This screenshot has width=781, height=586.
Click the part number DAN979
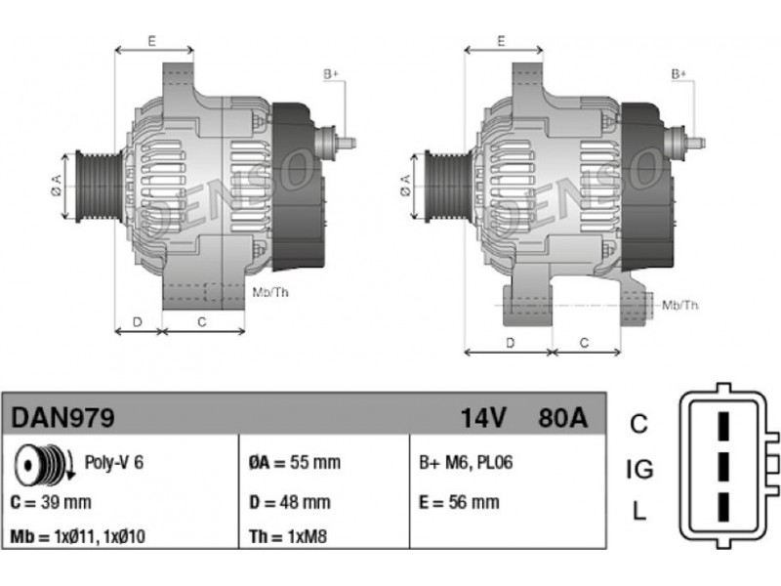62,418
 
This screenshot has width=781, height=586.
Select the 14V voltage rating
483,418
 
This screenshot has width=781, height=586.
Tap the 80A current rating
563,418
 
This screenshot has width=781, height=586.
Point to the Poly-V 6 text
113,462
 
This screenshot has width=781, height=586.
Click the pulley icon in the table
44,465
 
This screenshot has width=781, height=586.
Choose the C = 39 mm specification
51,502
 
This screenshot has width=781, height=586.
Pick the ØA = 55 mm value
295,462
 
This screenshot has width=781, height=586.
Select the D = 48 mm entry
289,502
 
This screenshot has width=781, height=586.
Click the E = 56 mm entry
459,502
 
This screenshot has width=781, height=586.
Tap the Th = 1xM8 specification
288,536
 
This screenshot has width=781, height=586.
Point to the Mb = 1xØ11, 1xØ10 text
78,536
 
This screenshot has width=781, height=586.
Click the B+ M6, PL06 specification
466,462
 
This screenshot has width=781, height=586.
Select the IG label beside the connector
639,470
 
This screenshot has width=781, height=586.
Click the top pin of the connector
723,427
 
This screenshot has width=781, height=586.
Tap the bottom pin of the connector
723,507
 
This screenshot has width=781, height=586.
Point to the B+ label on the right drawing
678,74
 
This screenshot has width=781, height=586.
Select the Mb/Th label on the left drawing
270,292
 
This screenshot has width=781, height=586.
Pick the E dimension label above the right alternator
501,40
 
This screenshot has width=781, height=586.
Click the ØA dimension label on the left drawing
57,185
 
